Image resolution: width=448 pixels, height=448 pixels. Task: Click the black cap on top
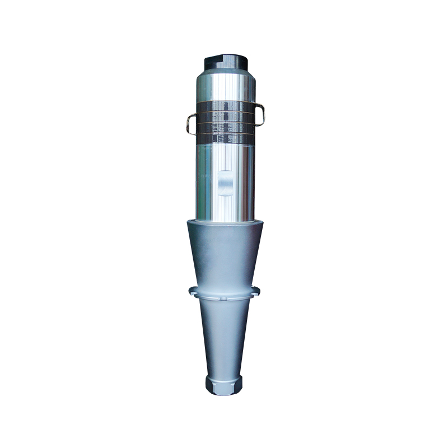coord(224,59)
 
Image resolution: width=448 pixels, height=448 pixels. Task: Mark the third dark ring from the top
coord(225,127)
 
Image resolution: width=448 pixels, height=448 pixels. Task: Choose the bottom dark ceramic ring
coord(225,137)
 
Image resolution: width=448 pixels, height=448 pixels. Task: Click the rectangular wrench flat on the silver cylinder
coord(225,183)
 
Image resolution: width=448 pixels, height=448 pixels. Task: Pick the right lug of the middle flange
coord(256,290)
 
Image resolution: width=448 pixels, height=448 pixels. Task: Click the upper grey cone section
coord(224,252)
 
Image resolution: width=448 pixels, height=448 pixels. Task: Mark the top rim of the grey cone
coord(224,222)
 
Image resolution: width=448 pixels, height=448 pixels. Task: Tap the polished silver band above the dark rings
coord(224,87)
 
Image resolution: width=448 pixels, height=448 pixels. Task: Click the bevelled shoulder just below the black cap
coord(224,72)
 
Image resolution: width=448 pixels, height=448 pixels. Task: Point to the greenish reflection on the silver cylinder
coord(206,168)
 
